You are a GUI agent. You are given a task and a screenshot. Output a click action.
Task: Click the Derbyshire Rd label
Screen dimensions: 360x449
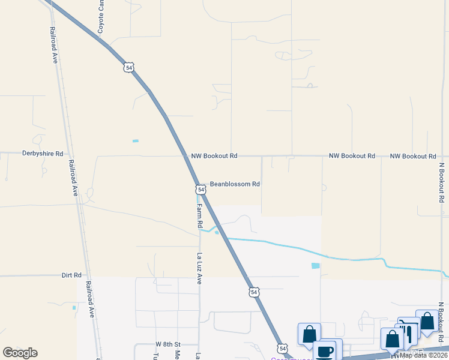[43, 154]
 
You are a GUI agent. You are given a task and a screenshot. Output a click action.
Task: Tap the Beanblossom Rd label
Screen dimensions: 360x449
[234, 184]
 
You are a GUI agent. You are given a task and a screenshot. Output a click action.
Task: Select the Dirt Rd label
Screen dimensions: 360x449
[71, 275]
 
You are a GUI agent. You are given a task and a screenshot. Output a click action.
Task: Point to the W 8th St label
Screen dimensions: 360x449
[168, 344]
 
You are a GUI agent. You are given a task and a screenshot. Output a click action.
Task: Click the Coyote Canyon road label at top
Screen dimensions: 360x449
[101, 17]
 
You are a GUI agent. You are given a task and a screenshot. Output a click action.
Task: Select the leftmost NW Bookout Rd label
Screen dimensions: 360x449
[214, 156]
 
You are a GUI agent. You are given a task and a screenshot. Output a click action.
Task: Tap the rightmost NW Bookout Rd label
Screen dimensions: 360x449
[413, 156]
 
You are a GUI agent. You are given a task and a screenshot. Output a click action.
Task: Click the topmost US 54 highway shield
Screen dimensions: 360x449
[129, 67]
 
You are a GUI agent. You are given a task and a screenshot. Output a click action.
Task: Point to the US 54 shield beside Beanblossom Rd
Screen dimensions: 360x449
[201, 190]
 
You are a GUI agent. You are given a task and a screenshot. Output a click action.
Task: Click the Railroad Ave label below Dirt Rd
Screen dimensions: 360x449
[90, 299]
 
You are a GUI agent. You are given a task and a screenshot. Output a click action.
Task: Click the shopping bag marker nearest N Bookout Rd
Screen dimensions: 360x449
[427, 321]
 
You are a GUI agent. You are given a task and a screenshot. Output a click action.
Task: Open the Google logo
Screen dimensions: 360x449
[20, 352]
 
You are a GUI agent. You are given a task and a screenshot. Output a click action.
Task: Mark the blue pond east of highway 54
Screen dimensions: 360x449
[316, 266]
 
